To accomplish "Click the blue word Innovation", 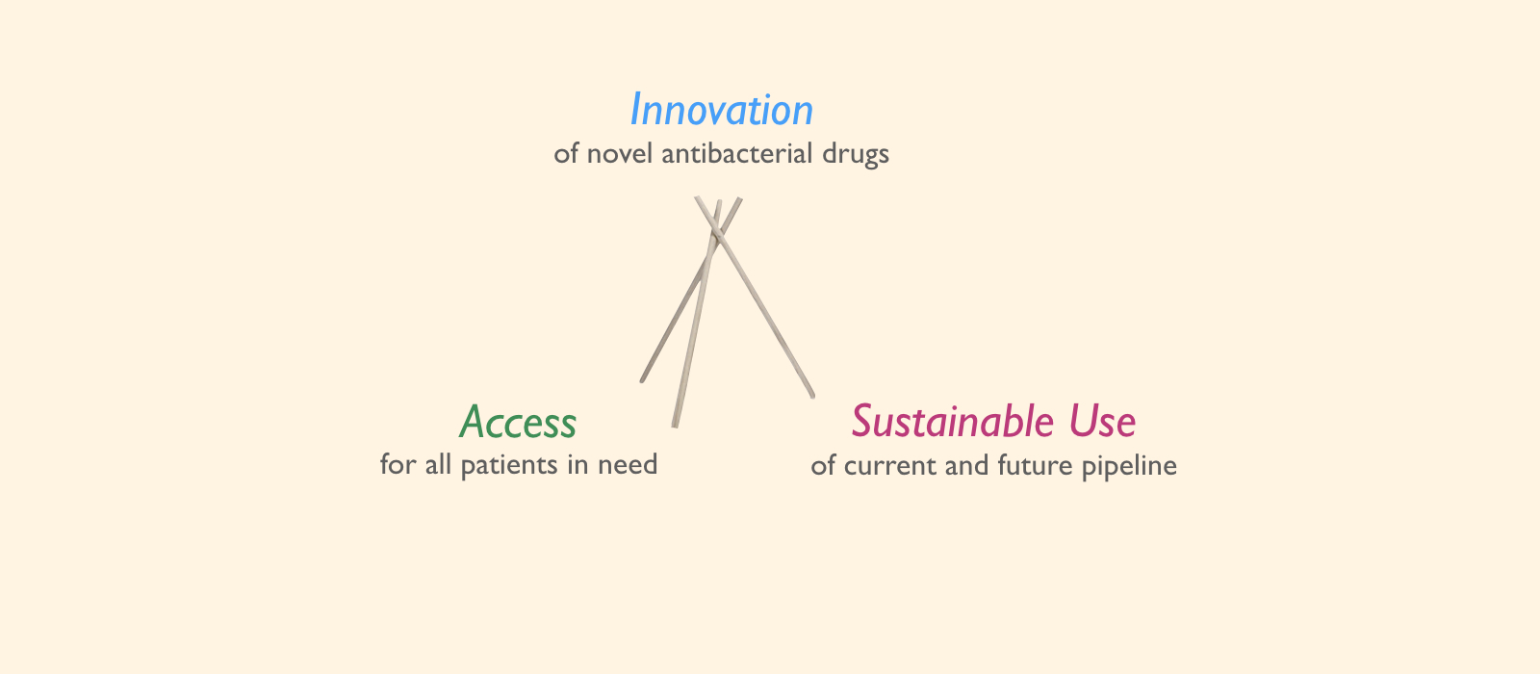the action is [722, 110].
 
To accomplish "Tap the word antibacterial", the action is [737, 153].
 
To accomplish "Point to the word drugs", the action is [856, 154].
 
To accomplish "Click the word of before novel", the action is [566, 153].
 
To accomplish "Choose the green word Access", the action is [519, 423].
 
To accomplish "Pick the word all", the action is [438, 464].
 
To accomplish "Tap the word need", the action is [628, 464].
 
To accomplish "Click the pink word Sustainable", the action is [953, 421].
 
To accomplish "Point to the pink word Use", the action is [1102, 421].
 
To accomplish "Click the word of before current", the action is [823, 466].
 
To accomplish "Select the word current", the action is [890, 466].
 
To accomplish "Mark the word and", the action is [967, 466].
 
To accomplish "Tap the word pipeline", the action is [1130, 467].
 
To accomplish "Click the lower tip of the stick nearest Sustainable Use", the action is [812, 396].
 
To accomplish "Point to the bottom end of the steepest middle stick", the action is [675, 427].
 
